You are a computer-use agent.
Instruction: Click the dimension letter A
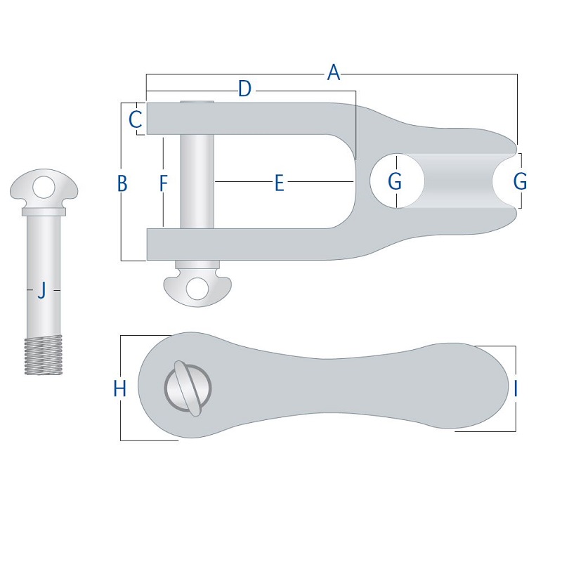coord(334,72)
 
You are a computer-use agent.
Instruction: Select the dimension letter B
coord(122,183)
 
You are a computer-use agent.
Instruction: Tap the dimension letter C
coord(136,119)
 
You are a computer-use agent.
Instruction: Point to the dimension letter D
coord(244,89)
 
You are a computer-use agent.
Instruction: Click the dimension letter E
coord(279,183)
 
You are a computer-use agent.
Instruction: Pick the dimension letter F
coord(163,183)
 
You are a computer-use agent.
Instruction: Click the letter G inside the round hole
coord(396,182)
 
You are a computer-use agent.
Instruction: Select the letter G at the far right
coord(520,182)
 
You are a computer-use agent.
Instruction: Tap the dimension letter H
coord(120,388)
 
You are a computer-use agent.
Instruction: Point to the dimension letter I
coord(516,388)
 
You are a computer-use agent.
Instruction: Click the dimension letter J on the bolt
coord(41,289)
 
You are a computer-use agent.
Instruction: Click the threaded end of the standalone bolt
coord(44,355)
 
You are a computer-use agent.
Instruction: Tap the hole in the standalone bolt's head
coord(44,186)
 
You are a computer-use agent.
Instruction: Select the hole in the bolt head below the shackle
coord(197,287)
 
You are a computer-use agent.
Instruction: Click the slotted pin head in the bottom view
coord(188,388)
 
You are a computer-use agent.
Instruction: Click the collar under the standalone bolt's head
coord(44,211)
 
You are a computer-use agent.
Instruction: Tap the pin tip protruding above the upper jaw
coord(197,103)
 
